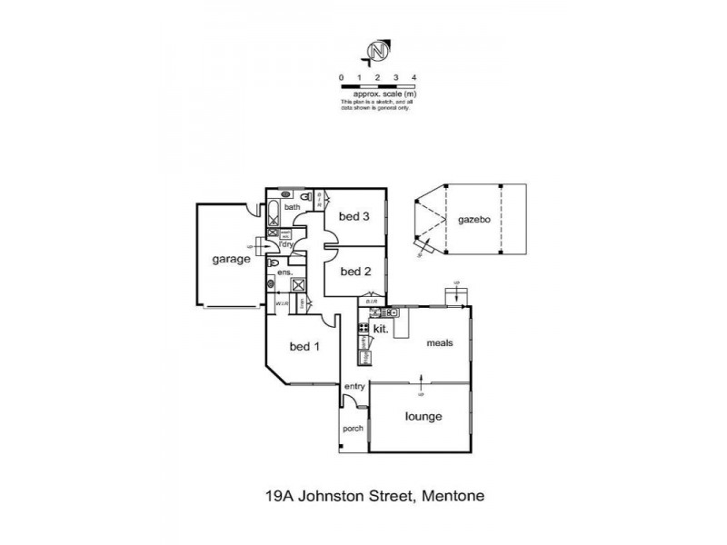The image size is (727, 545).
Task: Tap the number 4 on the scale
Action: point(414,79)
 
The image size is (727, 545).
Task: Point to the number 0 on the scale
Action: point(341,79)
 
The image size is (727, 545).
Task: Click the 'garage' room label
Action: point(232,259)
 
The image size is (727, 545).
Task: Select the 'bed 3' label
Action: point(354,216)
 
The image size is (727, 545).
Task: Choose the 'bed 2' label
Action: point(354,271)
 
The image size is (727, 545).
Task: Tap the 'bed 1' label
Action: point(304,345)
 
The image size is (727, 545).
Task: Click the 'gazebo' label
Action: point(474,220)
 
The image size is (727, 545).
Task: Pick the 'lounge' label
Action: point(423,417)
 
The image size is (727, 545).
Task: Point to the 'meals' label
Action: point(442,343)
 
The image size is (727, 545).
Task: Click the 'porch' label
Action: point(353,430)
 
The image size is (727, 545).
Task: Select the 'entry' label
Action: point(354,387)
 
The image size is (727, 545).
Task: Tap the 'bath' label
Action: point(292,208)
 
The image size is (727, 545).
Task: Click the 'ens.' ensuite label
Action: point(284,272)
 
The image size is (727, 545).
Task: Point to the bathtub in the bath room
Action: point(274,216)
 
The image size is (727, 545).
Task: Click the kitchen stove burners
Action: point(363,327)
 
